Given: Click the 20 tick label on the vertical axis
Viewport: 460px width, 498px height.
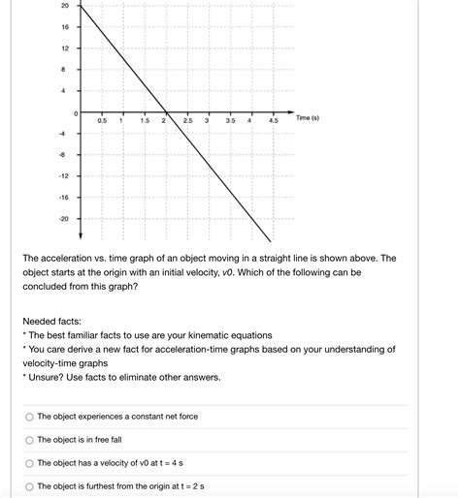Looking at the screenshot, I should click(64, 6).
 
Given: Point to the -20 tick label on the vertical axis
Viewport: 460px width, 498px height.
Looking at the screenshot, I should click(63, 218).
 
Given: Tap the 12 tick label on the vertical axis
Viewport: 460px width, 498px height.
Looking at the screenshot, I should click(64, 48).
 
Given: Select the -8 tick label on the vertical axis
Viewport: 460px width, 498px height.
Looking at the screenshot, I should click(64, 155).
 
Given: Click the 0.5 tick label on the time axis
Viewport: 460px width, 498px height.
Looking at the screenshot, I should click(100, 121).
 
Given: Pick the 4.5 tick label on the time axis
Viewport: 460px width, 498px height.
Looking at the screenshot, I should click(273, 121).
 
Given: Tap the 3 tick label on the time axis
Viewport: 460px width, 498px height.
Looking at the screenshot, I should click(208, 121).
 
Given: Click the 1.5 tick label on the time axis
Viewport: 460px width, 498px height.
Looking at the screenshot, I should click(144, 121).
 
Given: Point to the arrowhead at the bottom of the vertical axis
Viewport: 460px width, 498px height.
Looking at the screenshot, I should click(79, 237).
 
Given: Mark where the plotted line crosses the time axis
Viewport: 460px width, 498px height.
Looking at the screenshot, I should click(167, 111).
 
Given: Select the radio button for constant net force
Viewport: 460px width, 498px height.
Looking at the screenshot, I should click(29, 417).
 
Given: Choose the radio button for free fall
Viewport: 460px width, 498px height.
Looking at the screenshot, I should click(29, 440).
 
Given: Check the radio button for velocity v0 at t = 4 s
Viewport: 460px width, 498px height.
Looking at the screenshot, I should click(29, 463).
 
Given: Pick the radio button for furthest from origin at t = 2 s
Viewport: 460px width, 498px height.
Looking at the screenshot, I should click(29, 486).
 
